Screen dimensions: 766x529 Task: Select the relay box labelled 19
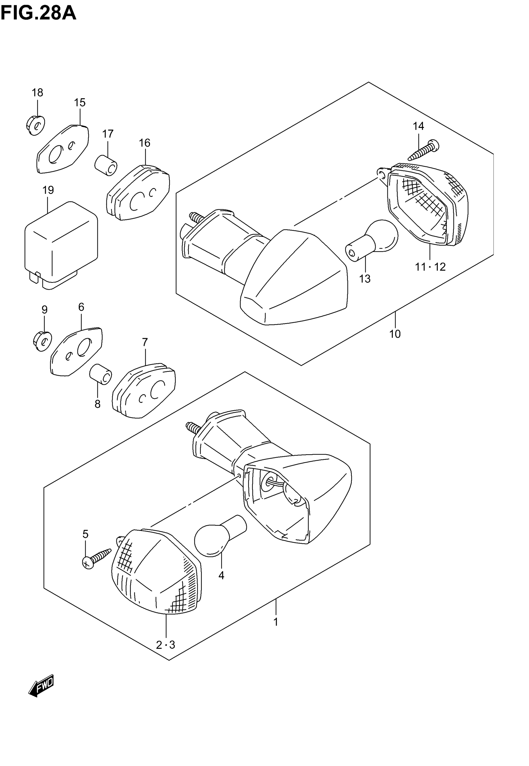click(61, 245)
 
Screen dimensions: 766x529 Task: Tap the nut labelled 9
click(42, 341)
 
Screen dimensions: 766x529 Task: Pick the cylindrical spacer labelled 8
click(101, 374)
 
